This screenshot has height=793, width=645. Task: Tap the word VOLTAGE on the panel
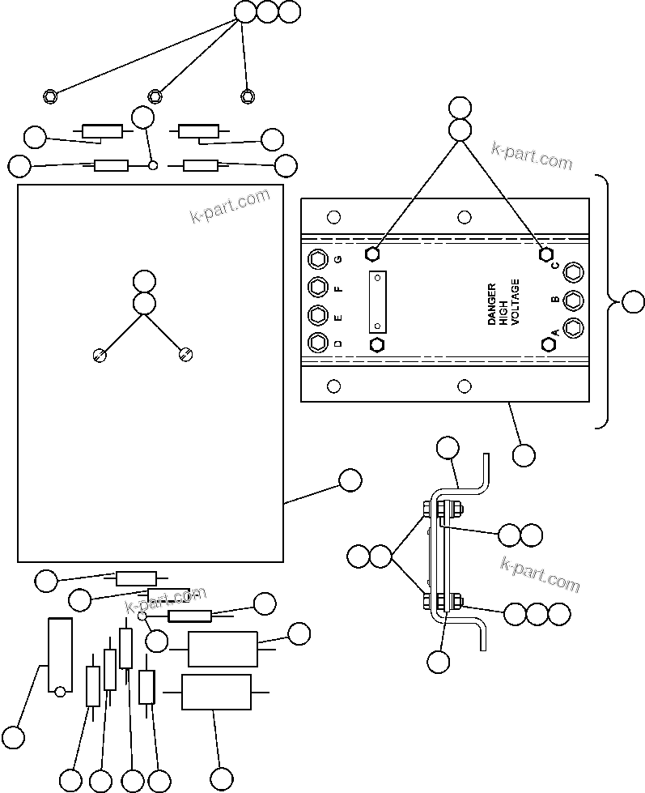[x=516, y=302]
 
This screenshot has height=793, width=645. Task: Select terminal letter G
[x=338, y=260]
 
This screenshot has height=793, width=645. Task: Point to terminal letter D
[x=338, y=343]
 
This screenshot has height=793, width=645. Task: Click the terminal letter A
[x=555, y=332]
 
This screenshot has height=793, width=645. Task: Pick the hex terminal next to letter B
[x=573, y=300]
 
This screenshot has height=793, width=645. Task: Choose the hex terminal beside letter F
[x=318, y=288]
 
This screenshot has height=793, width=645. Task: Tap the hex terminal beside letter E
[x=318, y=315]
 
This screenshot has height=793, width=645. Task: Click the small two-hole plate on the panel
[x=377, y=301]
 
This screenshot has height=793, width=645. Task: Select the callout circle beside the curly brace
[x=633, y=303]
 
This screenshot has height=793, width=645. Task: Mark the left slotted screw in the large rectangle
[x=100, y=354]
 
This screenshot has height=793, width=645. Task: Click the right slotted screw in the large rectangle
[x=185, y=353]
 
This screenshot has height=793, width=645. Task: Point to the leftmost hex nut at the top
[x=50, y=96]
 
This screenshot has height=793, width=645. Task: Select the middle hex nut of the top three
[x=155, y=96]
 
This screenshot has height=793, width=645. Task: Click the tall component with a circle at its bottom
[x=60, y=657]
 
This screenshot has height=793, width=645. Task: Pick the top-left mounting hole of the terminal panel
[x=332, y=217]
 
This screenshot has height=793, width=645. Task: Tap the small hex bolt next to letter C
[x=545, y=254]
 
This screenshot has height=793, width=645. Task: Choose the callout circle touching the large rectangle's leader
[x=350, y=480]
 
